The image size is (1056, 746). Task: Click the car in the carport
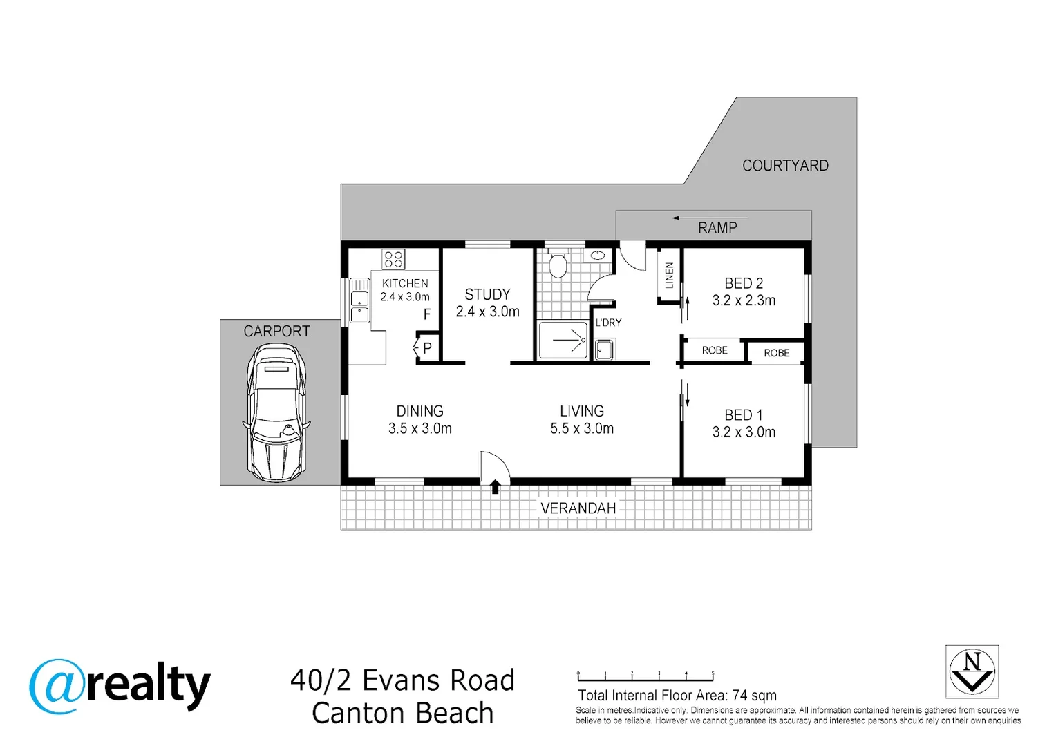click(x=276, y=412)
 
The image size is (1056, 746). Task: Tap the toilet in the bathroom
click(x=558, y=264)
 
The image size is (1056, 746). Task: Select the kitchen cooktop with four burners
click(x=393, y=259)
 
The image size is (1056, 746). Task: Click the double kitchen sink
click(x=359, y=300)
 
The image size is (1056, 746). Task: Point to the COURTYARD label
click(x=785, y=166)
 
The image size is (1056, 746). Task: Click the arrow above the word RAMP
click(x=710, y=218)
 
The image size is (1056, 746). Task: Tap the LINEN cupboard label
click(x=670, y=275)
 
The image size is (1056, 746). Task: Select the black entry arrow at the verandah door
click(x=495, y=486)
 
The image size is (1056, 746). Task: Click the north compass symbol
click(x=972, y=672)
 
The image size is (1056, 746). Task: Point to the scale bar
click(x=645, y=677)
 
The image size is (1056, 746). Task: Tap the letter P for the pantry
click(x=428, y=348)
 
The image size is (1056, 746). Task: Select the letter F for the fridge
click(x=427, y=314)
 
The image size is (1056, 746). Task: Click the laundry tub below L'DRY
click(x=605, y=350)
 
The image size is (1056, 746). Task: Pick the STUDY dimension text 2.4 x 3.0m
click(x=487, y=312)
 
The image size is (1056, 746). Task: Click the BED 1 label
click(x=744, y=415)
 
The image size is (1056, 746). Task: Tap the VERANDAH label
click(x=578, y=508)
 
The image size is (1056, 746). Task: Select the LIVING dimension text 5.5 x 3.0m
click(x=582, y=428)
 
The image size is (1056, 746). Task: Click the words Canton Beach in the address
click(x=403, y=713)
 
